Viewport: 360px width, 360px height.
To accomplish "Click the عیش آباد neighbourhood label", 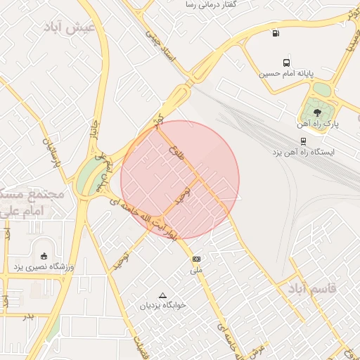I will click(73, 27).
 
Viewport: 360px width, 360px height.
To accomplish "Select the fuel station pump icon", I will click(274, 32).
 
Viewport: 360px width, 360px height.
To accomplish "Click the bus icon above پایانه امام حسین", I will click(285, 63).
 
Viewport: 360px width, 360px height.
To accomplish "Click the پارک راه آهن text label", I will click(322, 124).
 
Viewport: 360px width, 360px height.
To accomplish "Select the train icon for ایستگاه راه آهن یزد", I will click(303, 141).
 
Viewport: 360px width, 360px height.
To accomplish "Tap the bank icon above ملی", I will click(196, 259).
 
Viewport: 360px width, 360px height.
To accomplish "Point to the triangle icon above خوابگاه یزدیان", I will click(163, 295).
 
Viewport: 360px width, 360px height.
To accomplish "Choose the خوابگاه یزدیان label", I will click(163, 306).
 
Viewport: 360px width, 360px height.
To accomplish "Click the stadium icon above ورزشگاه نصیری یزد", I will click(45, 256).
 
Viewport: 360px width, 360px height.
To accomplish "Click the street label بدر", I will click(29, 317).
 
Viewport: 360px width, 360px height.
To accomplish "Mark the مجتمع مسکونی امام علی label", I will click(28, 202).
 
